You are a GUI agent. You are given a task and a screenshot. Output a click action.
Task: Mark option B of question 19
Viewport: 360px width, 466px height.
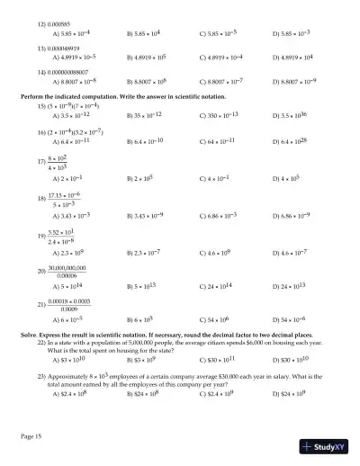pos(143,255)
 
